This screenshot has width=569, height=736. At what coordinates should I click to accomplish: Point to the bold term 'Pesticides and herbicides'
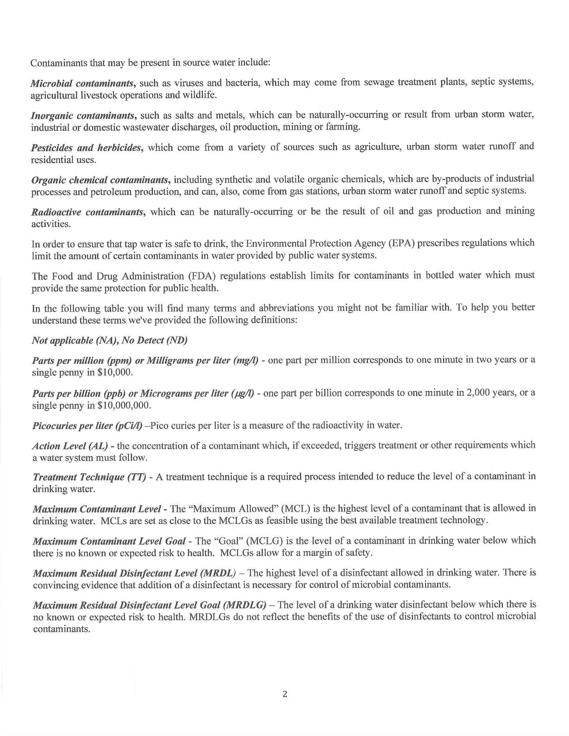click(86, 148)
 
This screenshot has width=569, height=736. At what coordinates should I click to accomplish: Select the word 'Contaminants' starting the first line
click(56, 63)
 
